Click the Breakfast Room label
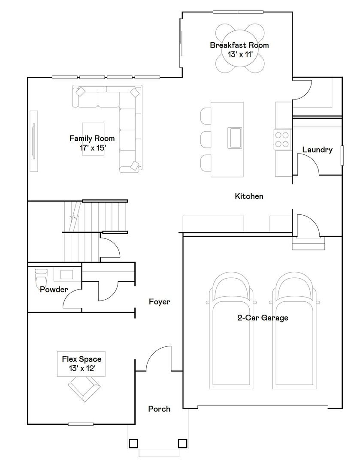239,45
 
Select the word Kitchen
249,196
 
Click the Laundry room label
317,150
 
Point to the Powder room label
54,289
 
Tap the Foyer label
159,302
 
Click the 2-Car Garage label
263,318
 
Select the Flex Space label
82,363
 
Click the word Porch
159,409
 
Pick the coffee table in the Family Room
93,139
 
